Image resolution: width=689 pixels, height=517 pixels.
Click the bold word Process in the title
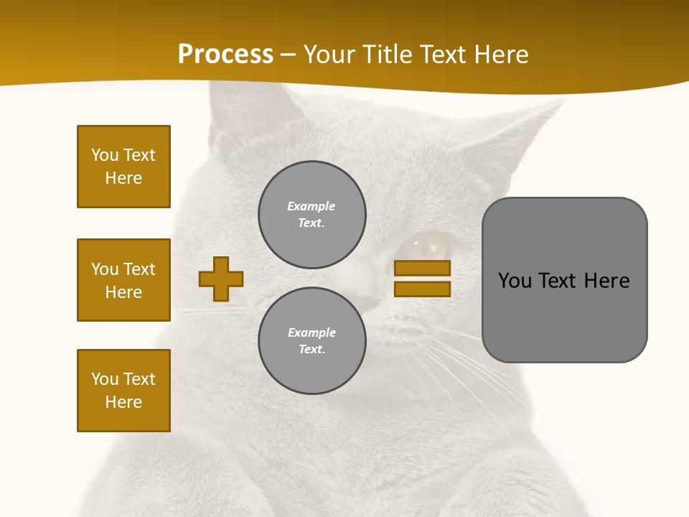coord(225,55)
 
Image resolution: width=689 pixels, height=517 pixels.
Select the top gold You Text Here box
coord(123,167)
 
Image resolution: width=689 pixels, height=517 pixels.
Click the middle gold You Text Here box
coord(123,280)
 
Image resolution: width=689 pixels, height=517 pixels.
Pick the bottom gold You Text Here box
coord(123,391)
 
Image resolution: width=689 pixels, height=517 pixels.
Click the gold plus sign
coord(221,279)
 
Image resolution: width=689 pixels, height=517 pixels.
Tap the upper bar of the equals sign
coord(422,268)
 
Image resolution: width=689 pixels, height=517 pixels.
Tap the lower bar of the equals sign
coord(422,289)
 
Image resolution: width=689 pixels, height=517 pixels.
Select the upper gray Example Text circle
coord(312,215)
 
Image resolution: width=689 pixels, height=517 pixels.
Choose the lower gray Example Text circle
coord(312,341)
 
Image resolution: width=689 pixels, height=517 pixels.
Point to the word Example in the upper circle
coord(311,206)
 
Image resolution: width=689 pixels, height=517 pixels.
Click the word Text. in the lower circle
coord(312,350)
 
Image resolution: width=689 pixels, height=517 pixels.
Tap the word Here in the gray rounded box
coord(606,281)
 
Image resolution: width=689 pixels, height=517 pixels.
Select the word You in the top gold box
coord(104,155)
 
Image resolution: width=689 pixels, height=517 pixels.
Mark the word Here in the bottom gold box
coord(123,402)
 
